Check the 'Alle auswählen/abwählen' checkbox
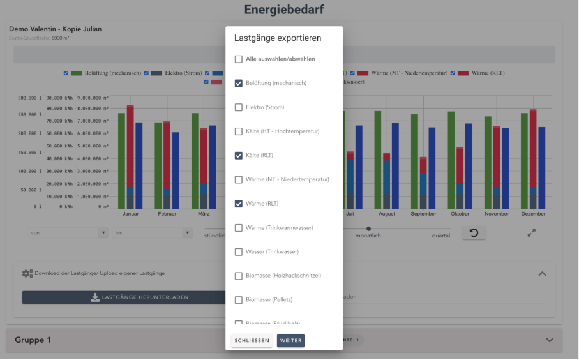[x=238, y=59]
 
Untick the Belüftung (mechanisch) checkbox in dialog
[x=238, y=84]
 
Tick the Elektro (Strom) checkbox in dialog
[x=238, y=107]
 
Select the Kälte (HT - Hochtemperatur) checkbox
[x=238, y=131]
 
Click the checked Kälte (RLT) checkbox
[x=238, y=156]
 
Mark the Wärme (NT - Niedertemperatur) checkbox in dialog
[x=238, y=180]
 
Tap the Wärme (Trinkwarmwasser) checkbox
[x=238, y=228]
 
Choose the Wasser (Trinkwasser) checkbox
[x=238, y=252]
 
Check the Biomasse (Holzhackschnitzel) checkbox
[x=238, y=276]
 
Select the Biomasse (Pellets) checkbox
[x=238, y=300]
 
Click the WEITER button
[x=290, y=341]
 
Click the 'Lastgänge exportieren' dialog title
[x=278, y=38]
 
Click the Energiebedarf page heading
[x=283, y=10]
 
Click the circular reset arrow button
[x=474, y=233]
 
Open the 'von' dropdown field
[x=68, y=233]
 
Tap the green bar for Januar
[x=121, y=160]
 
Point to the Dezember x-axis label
[x=533, y=214]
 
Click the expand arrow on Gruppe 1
[x=549, y=340]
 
